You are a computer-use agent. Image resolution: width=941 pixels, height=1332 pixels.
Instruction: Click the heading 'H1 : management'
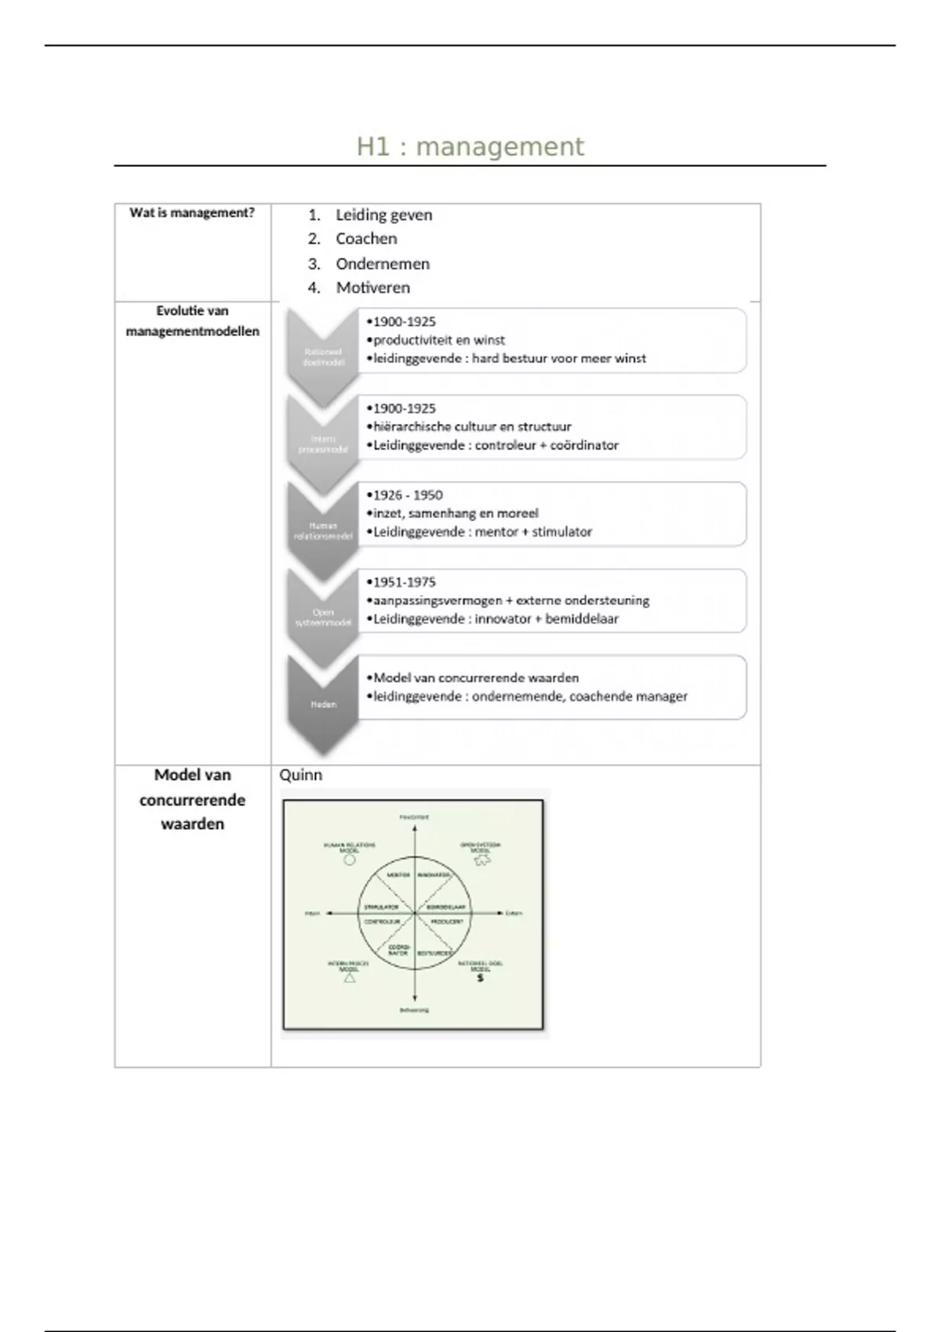pyautogui.click(x=470, y=147)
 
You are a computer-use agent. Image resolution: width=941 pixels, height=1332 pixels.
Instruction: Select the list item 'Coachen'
pyautogui.click(x=366, y=239)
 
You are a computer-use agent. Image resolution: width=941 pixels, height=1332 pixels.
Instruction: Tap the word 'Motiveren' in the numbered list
pyautogui.click(x=372, y=288)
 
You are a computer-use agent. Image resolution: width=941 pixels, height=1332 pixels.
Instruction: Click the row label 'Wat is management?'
pyautogui.click(x=192, y=213)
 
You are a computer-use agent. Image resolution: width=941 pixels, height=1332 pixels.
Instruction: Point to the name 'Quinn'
pyautogui.click(x=300, y=775)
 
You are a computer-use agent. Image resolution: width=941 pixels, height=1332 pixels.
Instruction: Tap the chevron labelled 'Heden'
pyautogui.click(x=323, y=704)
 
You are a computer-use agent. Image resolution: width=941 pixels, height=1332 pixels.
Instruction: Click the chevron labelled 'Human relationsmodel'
pyautogui.click(x=323, y=531)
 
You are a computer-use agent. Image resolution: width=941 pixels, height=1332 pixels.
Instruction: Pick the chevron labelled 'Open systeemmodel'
pyautogui.click(x=323, y=617)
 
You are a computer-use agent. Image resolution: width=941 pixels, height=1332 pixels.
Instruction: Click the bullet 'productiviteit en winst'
pyautogui.click(x=438, y=340)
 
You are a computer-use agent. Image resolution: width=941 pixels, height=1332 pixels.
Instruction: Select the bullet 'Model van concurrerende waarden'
pyautogui.click(x=475, y=678)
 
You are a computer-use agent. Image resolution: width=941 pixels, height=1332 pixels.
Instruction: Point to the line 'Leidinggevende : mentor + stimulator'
pyautogui.click(x=482, y=532)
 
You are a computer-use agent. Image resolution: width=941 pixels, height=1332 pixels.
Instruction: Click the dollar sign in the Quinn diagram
pyautogui.click(x=480, y=978)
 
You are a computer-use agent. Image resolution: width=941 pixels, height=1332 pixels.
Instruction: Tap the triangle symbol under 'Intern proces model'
pyautogui.click(x=350, y=978)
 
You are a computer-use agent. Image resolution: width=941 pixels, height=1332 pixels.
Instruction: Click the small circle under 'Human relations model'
pyautogui.click(x=350, y=860)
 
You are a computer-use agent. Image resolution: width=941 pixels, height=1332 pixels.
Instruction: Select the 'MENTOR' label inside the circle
pyautogui.click(x=398, y=874)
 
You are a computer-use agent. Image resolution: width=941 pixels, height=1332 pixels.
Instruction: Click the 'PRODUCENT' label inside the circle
pyautogui.click(x=447, y=921)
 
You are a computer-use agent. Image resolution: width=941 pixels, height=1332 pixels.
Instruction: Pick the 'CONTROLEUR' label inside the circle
pyautogui.click(x=382, y=921)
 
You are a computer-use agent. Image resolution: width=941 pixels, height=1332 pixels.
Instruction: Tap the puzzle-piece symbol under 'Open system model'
pyautogui.click(x=481, y=860)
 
